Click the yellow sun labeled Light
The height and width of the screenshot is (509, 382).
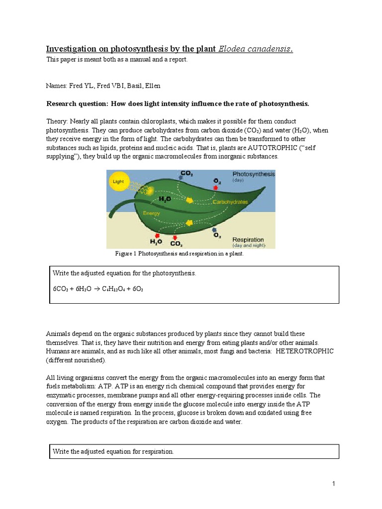pyautogui.click(x=118, y=182)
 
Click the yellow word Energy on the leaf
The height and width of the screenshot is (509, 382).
pyautogui.click(x=152, y=213)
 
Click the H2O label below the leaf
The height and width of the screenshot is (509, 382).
pyautogui.click(x=156, y=241)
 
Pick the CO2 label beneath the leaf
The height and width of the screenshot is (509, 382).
pyautogui.click(x=176, y=244)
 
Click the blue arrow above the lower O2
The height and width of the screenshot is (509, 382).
pyautogui.click(x=213, y=231)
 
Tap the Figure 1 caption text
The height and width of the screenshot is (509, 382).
pyautogui.click(x=180, y=254)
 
